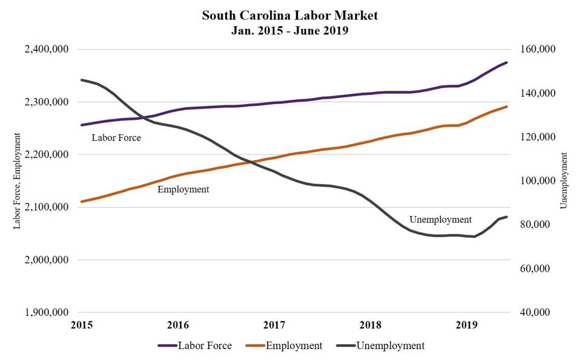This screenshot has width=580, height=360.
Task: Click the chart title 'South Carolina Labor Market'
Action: tap(289, 15)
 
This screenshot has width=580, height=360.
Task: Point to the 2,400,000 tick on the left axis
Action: tap(46, 49)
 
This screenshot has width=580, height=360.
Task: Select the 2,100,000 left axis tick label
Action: tap(46, 207)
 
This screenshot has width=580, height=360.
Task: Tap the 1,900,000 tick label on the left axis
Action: tap(46, 312)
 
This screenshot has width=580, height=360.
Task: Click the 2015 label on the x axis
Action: tap(82, 324)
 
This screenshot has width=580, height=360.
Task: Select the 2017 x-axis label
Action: tap(274, 324)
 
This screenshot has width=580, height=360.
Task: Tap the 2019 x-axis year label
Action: tap(466, 324)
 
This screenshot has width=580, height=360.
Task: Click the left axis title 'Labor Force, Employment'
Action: tap(17, 181)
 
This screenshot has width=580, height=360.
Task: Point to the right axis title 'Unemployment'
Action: tap(564, 181)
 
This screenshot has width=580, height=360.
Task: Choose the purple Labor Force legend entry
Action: tap(194, 345)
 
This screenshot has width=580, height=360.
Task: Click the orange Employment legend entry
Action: tap(285, 345)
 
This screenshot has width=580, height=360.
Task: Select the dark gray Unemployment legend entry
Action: tap(381, 345)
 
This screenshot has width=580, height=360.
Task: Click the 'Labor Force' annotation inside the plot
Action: tap(116, 137)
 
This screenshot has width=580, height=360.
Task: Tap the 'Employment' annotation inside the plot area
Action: tap(183, 189)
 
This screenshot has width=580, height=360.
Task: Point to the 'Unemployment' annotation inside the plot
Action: tap(440, 219)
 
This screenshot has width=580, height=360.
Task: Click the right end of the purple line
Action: tap(507, 62)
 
